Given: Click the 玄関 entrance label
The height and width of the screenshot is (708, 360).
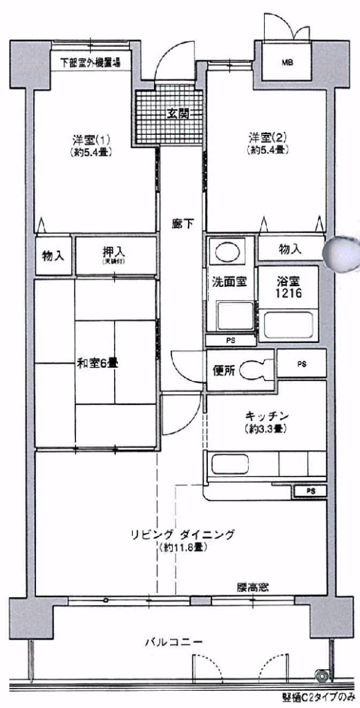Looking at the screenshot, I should pyautogui.click(x=178, y=115).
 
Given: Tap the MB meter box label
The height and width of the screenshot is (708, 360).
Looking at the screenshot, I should pyautogui.click(x=287, y=63).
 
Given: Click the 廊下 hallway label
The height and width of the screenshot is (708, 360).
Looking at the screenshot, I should pyautogui.click(x=182, y=223).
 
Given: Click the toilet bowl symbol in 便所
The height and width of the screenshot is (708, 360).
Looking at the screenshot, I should pyautogui.click(x=260, y=369).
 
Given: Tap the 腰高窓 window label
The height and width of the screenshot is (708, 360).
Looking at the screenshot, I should pyautogui.click(x=252, y=587).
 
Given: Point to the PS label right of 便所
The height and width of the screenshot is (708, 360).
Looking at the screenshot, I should pyautogui.click(x=302, y=363).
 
